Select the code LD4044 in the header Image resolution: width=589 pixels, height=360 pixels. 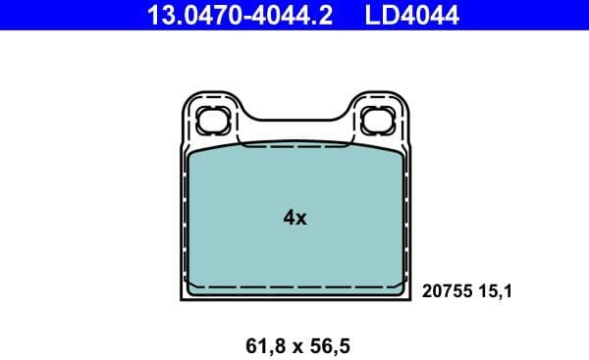(x=412, y=15)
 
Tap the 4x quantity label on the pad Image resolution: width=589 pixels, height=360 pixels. (x=294, y=218)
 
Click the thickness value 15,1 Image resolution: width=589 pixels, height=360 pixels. (x=495, y=290)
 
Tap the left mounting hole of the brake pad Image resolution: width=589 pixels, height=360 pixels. (x=212, y=121)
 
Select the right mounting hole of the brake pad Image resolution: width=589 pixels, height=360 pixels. (x=376, y=121)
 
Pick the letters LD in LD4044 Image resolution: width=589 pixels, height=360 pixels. (x=381, y=15)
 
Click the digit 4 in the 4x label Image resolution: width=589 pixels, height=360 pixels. (x=289, y=218)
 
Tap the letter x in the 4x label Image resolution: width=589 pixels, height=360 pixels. (x=301, y=219)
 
